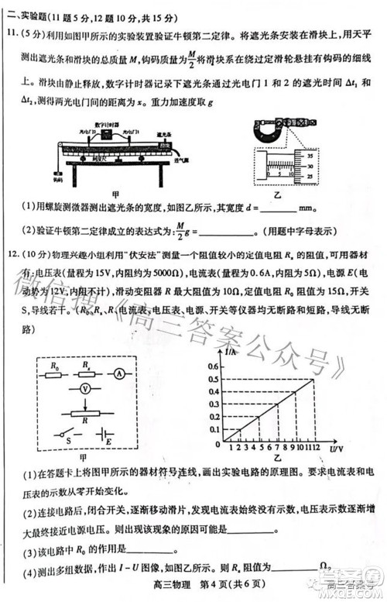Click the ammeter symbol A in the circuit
(121, 373)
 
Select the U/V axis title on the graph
(335, 449)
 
